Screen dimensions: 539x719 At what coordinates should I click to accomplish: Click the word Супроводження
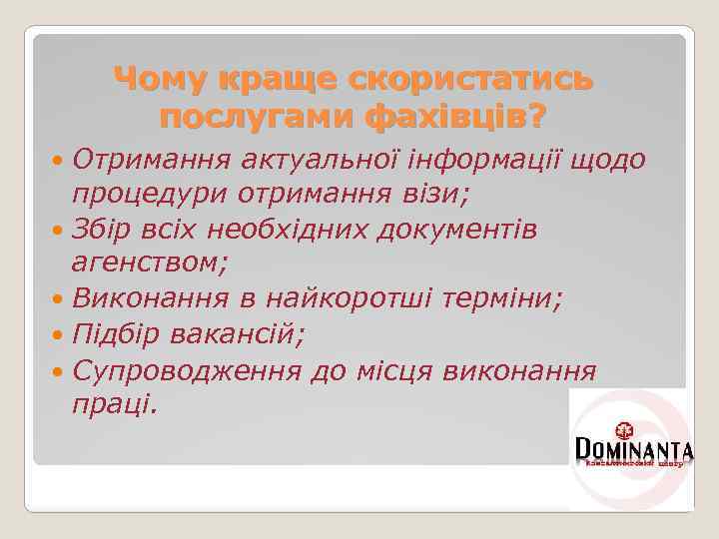click(187, 370)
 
